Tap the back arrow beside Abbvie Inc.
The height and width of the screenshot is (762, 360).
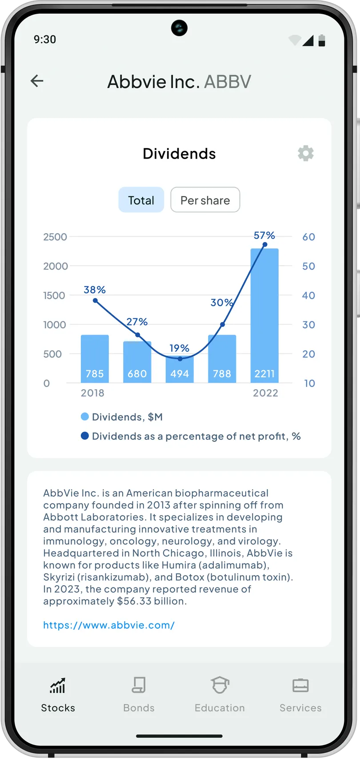pos(37,81)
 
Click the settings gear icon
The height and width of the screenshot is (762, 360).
pos(306,153)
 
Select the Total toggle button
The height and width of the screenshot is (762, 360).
pos(141,200)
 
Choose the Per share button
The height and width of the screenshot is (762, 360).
pos(205,200)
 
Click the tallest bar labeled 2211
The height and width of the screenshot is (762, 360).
pos(264,311)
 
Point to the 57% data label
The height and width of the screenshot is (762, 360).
pos(264,235)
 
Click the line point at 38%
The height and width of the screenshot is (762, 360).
pos(95,301)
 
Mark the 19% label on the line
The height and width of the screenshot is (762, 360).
pos(180,348)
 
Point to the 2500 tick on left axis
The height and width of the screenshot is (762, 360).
pos(55,237)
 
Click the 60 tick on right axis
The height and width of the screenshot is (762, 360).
pos(308,237)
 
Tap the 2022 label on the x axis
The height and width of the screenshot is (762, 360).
pos(265,393)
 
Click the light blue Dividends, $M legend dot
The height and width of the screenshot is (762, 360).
pos(85,417)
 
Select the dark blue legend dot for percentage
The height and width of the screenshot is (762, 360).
pos(85,436)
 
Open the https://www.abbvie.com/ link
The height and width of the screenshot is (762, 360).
pos(109,625)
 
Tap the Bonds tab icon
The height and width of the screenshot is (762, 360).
pos(139,685)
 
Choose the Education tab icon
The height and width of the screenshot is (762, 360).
pos(220,685)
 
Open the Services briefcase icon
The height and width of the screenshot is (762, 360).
pos(300,685)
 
